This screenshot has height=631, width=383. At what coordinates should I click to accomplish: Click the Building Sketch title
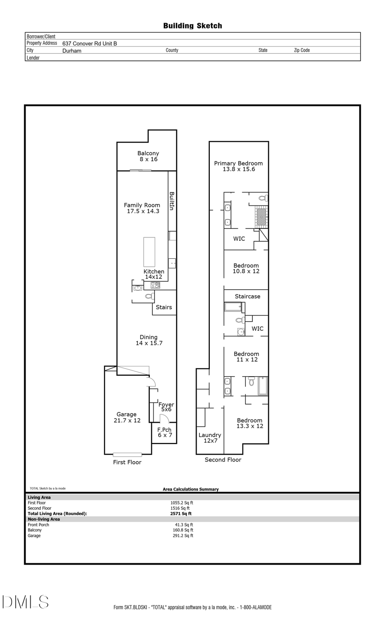click(x=192, y=26)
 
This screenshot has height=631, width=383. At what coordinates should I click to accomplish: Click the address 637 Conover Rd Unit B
click(x=89, y=43)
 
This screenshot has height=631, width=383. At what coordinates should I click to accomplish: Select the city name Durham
click(x=71, y=51)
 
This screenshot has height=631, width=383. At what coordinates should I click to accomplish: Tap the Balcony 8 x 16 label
click(x=148, y=156)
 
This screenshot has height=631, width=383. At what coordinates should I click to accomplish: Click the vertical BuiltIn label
click(x=172, y=201)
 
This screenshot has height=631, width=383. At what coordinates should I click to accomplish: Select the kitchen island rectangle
click(x=149, y=252)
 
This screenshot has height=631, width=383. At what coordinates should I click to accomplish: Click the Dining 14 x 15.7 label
click(x=149, y=340)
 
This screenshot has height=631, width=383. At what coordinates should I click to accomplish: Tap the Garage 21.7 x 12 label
click(x=127, y=417)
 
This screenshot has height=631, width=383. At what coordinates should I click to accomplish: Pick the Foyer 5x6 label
click(x=166, y=407)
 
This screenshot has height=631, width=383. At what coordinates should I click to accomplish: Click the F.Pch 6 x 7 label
click(x=165, y=432)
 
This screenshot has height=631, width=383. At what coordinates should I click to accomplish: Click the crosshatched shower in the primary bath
click(x=261, y=217)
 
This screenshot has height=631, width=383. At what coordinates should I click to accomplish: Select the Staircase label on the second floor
click(x=247, y=297)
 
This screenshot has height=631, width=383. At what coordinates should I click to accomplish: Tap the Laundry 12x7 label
click(x=210, y=438)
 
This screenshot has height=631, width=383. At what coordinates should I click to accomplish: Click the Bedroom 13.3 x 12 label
click(x=250, y=423)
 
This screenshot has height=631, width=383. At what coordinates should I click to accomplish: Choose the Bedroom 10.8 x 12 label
click(x=246, y=268)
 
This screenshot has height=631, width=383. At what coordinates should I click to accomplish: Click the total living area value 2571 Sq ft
click(x=181, y=514)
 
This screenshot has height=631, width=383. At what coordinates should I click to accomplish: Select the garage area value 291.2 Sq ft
click(x=183, y=536)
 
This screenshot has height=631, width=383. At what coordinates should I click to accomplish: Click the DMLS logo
click(x=26, y=602)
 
